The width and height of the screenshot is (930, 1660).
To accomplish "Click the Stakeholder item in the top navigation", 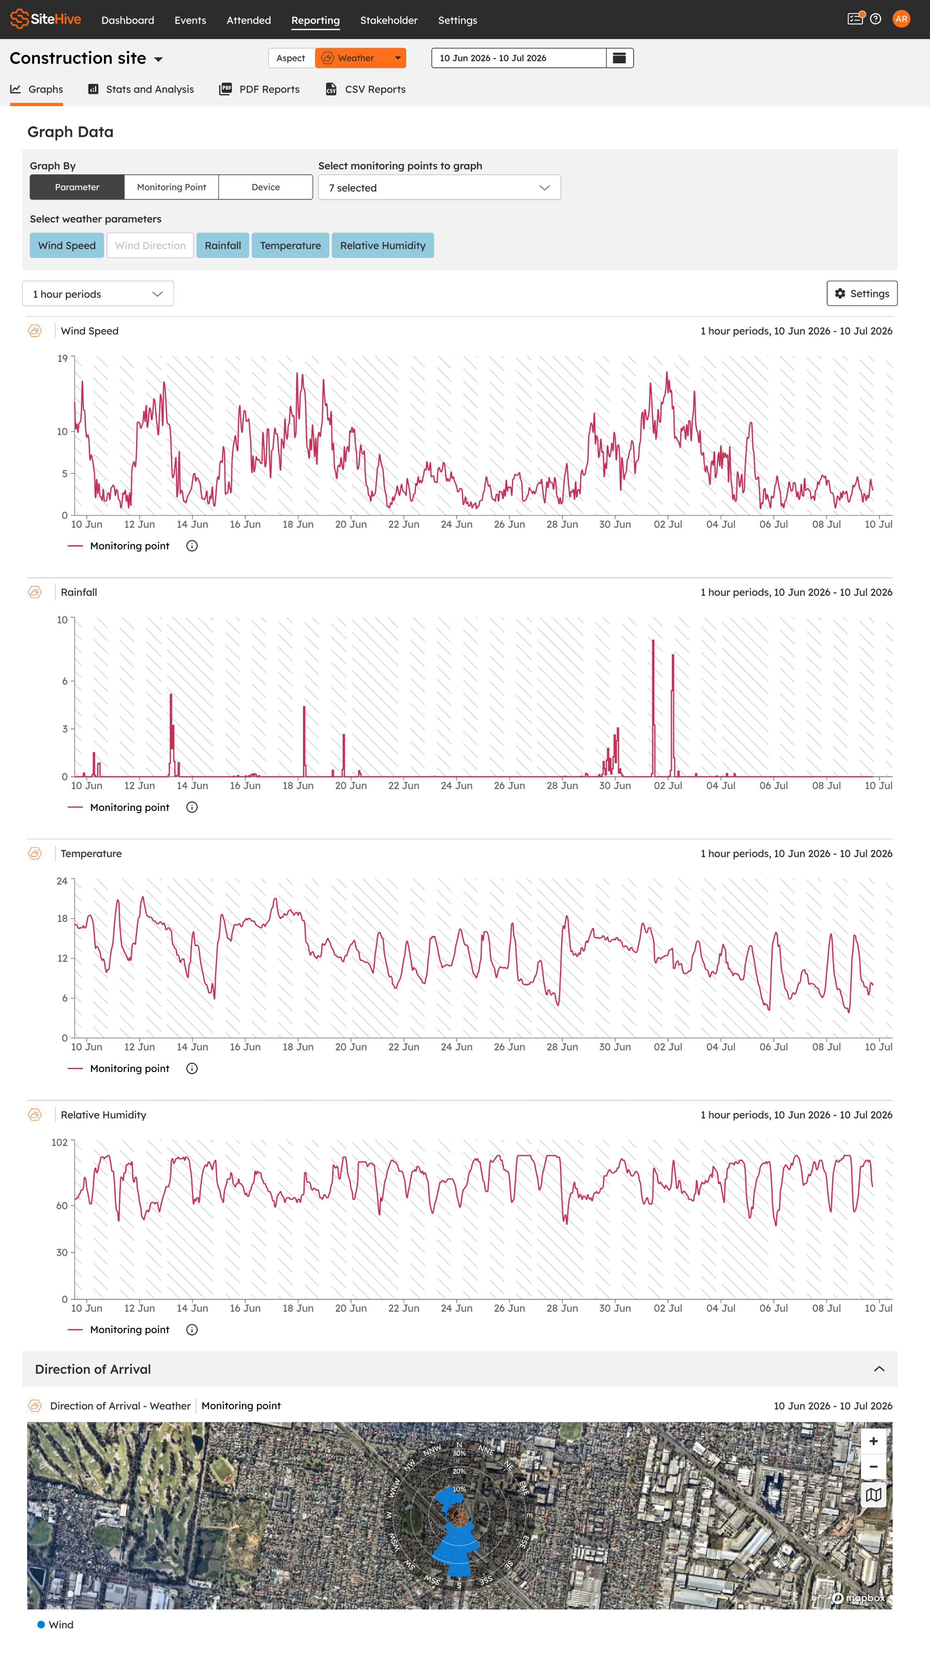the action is (x=389, y=20).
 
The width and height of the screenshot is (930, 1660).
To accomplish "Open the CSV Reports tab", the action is (x=366, y=89).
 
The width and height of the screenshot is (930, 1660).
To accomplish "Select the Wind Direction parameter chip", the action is (x=150, y=245).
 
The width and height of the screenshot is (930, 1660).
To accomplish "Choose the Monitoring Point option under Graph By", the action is (x=171, y=187).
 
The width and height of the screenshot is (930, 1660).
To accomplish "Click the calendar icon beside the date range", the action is (x=619, y=58).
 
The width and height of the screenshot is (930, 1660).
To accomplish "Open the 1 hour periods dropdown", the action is (x=98, y=294).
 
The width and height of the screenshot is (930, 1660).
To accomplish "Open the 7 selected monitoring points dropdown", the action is (x=440, y=188).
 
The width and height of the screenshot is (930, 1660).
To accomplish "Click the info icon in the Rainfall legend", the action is (x=192, y=808).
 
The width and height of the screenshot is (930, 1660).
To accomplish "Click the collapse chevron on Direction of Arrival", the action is (x=879, y=1369).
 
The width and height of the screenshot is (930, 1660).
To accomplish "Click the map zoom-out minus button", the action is (x=873, y=1467).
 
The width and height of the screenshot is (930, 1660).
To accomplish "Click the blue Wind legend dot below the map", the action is (x=41, y=1625).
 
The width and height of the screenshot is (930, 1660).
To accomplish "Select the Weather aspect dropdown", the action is (x=360, y=58).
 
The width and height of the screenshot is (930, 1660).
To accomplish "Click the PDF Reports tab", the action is (x=260, y=89).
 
